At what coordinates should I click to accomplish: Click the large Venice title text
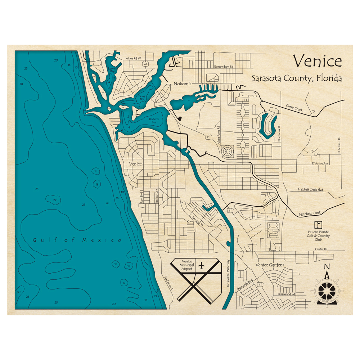317,61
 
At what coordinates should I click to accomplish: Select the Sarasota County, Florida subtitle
296,78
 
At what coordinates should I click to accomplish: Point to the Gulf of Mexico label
77,240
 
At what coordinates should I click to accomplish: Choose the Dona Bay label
142,98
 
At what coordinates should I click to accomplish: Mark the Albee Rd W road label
133,58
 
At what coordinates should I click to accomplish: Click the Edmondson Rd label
224,67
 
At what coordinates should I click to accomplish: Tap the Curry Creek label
294,108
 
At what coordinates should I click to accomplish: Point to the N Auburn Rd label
339,146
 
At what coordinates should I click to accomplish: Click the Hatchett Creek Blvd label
310,189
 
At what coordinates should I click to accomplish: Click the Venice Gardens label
270,265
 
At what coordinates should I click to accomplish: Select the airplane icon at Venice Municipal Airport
201,266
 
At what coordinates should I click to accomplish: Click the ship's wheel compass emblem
327,289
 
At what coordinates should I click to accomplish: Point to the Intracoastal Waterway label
228,274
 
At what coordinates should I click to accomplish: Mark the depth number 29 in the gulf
54,200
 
